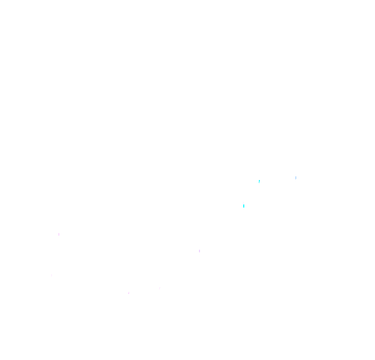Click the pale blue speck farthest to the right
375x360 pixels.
coord(296,178)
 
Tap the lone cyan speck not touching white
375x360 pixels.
coord(259,181)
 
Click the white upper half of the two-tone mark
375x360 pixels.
coord(243,203)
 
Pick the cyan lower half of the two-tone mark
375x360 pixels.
coord(244,207)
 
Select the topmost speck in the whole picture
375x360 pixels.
coord(296,178)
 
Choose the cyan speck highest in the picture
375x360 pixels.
coord(259,181)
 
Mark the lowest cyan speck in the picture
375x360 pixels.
coord(244,207)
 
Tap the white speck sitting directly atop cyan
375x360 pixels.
coord(243,203)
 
